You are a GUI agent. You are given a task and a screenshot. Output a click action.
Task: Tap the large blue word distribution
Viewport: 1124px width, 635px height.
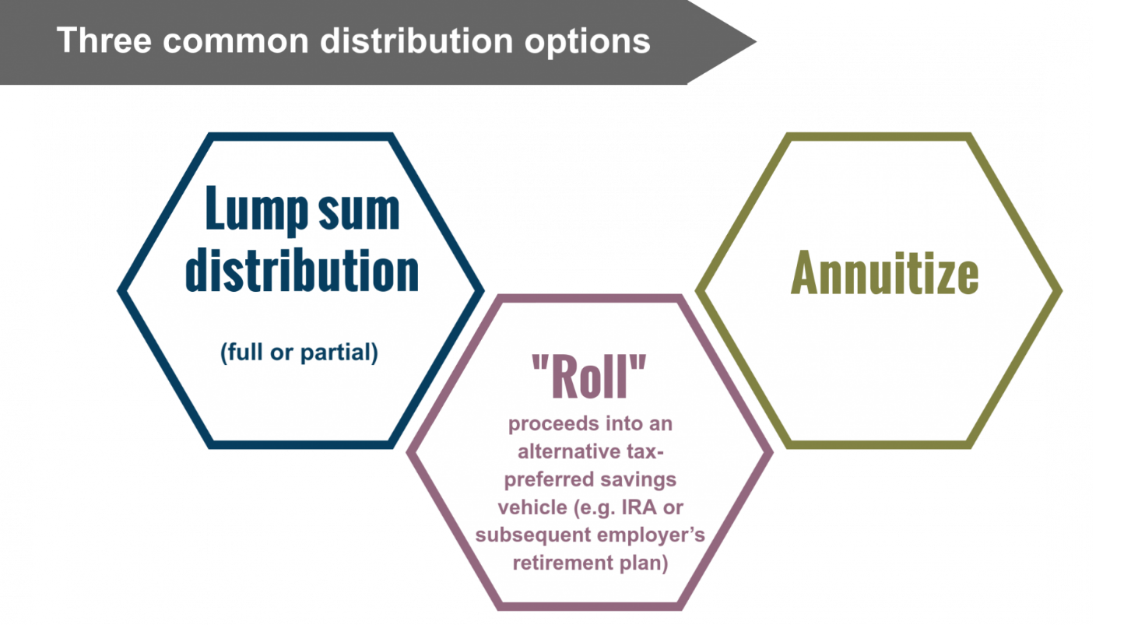tap(301, 270)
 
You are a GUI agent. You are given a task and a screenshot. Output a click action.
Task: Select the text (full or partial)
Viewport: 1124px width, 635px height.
tap(299, 353)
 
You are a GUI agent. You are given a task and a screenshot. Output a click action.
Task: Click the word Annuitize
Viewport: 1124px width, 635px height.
tap(884, 274)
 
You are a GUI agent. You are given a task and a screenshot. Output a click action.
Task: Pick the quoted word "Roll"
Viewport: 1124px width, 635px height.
tap(589, 377)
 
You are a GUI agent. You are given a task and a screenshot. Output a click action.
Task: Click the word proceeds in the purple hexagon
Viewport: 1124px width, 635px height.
tap(553, 424)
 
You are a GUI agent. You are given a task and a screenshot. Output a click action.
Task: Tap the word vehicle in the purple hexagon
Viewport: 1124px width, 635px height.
tap(527, 507)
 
